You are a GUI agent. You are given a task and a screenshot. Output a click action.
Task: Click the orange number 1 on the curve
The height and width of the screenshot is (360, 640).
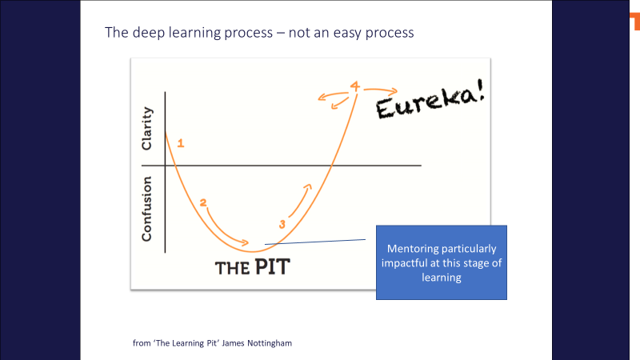pyautogui.click(x=181, y=143)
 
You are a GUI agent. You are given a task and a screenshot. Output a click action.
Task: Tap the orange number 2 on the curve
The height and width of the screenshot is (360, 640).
pyautogui.click(x=203, y=202)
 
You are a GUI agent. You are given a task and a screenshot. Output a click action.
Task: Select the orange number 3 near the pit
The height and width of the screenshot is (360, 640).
pyautogui.click(x=282, y=224)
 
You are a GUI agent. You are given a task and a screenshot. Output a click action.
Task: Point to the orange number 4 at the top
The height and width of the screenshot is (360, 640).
pyautogui.click(x=354, y=86)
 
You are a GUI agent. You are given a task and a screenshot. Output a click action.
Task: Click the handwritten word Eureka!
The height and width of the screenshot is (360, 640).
pyautogui.click(x=430, y=99)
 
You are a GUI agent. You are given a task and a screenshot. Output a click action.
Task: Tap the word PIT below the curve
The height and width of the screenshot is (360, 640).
pyautogui.click(x=273, y=267)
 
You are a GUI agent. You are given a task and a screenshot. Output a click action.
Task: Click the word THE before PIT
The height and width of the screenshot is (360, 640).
pyautogui.click(x=232, y=269)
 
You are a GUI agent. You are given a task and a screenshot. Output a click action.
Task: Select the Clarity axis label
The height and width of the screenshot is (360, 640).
pyautogui.click(x=146, y=129)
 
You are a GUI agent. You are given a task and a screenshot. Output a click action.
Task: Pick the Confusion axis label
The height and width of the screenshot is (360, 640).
pyautogui.click(x=146, y=209)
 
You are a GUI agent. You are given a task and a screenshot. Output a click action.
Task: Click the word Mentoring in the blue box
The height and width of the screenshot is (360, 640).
pyautogui.click(x=413, y=249)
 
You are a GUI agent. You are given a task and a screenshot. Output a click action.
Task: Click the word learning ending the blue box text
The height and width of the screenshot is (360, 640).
pyautogui.click(x=442, y=278)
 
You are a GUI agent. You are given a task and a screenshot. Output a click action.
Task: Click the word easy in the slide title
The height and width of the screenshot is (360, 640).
pyautogui.click(x=347, y=33)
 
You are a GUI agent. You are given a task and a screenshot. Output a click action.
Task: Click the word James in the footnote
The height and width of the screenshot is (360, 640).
pyautogui.click(x=233, y=343)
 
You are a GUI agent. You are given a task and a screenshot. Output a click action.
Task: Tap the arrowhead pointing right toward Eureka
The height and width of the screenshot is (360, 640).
pyautogui.click(x=394, y=91)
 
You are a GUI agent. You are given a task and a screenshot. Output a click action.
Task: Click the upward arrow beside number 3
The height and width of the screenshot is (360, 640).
pyautogui.click(x=301, y=200)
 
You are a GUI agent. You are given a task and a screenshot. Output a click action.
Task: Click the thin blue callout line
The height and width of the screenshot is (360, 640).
pyautogui.click(x=315, y=242)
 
